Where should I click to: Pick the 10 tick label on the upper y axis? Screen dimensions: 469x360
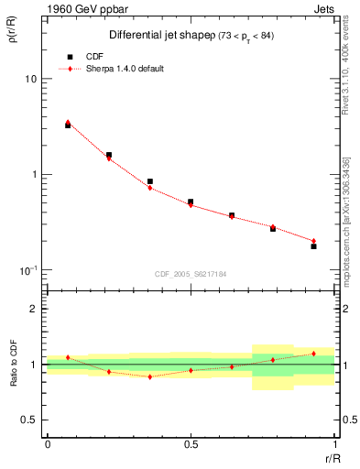[31, 79]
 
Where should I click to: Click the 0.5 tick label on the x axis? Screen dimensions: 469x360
[191, 443]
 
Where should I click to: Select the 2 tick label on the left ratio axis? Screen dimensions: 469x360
[35, 310]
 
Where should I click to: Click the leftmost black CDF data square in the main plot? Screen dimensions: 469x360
[68, 125]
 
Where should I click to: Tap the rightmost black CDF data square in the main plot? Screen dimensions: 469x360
[313, 246]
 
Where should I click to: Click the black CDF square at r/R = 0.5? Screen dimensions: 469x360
[191, 202]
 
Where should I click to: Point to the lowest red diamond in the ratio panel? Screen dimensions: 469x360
[150, 376]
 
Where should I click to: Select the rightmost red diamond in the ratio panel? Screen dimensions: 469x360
[313, 354]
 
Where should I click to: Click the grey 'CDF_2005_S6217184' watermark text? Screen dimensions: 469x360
[191, 272]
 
